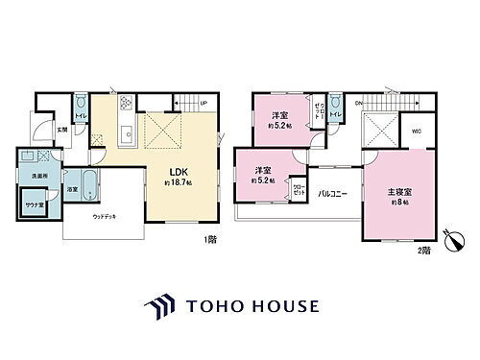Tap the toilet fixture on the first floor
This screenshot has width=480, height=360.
[80, 103]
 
